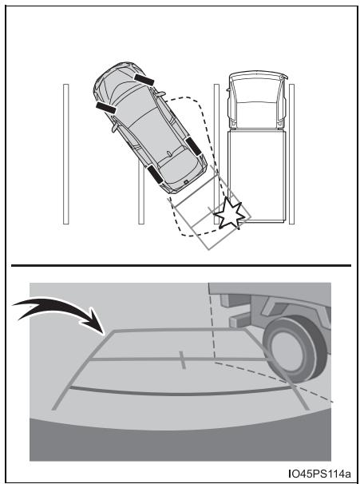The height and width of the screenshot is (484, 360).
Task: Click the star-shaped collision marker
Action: (x=229, y=213)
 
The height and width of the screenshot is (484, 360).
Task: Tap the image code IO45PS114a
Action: (x=319, y=473)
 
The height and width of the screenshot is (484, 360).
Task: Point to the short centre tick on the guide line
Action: (x=182, y=359)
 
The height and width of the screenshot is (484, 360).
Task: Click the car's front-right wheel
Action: (x=144, y=80)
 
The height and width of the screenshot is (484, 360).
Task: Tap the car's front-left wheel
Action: (x=106, y=108)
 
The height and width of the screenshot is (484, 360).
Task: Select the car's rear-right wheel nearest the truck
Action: (x=193, y=146)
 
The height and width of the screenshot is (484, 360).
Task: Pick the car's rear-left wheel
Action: (x=155, y=174)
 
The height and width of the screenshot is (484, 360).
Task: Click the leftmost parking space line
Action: (x=65, y=154)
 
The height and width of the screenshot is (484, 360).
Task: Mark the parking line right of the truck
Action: (x=291, y=154)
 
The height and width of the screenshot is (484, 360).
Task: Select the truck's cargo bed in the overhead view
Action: (x=257, y=176)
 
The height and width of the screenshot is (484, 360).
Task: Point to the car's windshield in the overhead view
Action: (x=131, y=93)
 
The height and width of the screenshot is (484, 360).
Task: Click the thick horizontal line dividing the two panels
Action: (x=181, y=265)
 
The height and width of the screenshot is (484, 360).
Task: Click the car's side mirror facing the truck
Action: (x=160, y=93)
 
